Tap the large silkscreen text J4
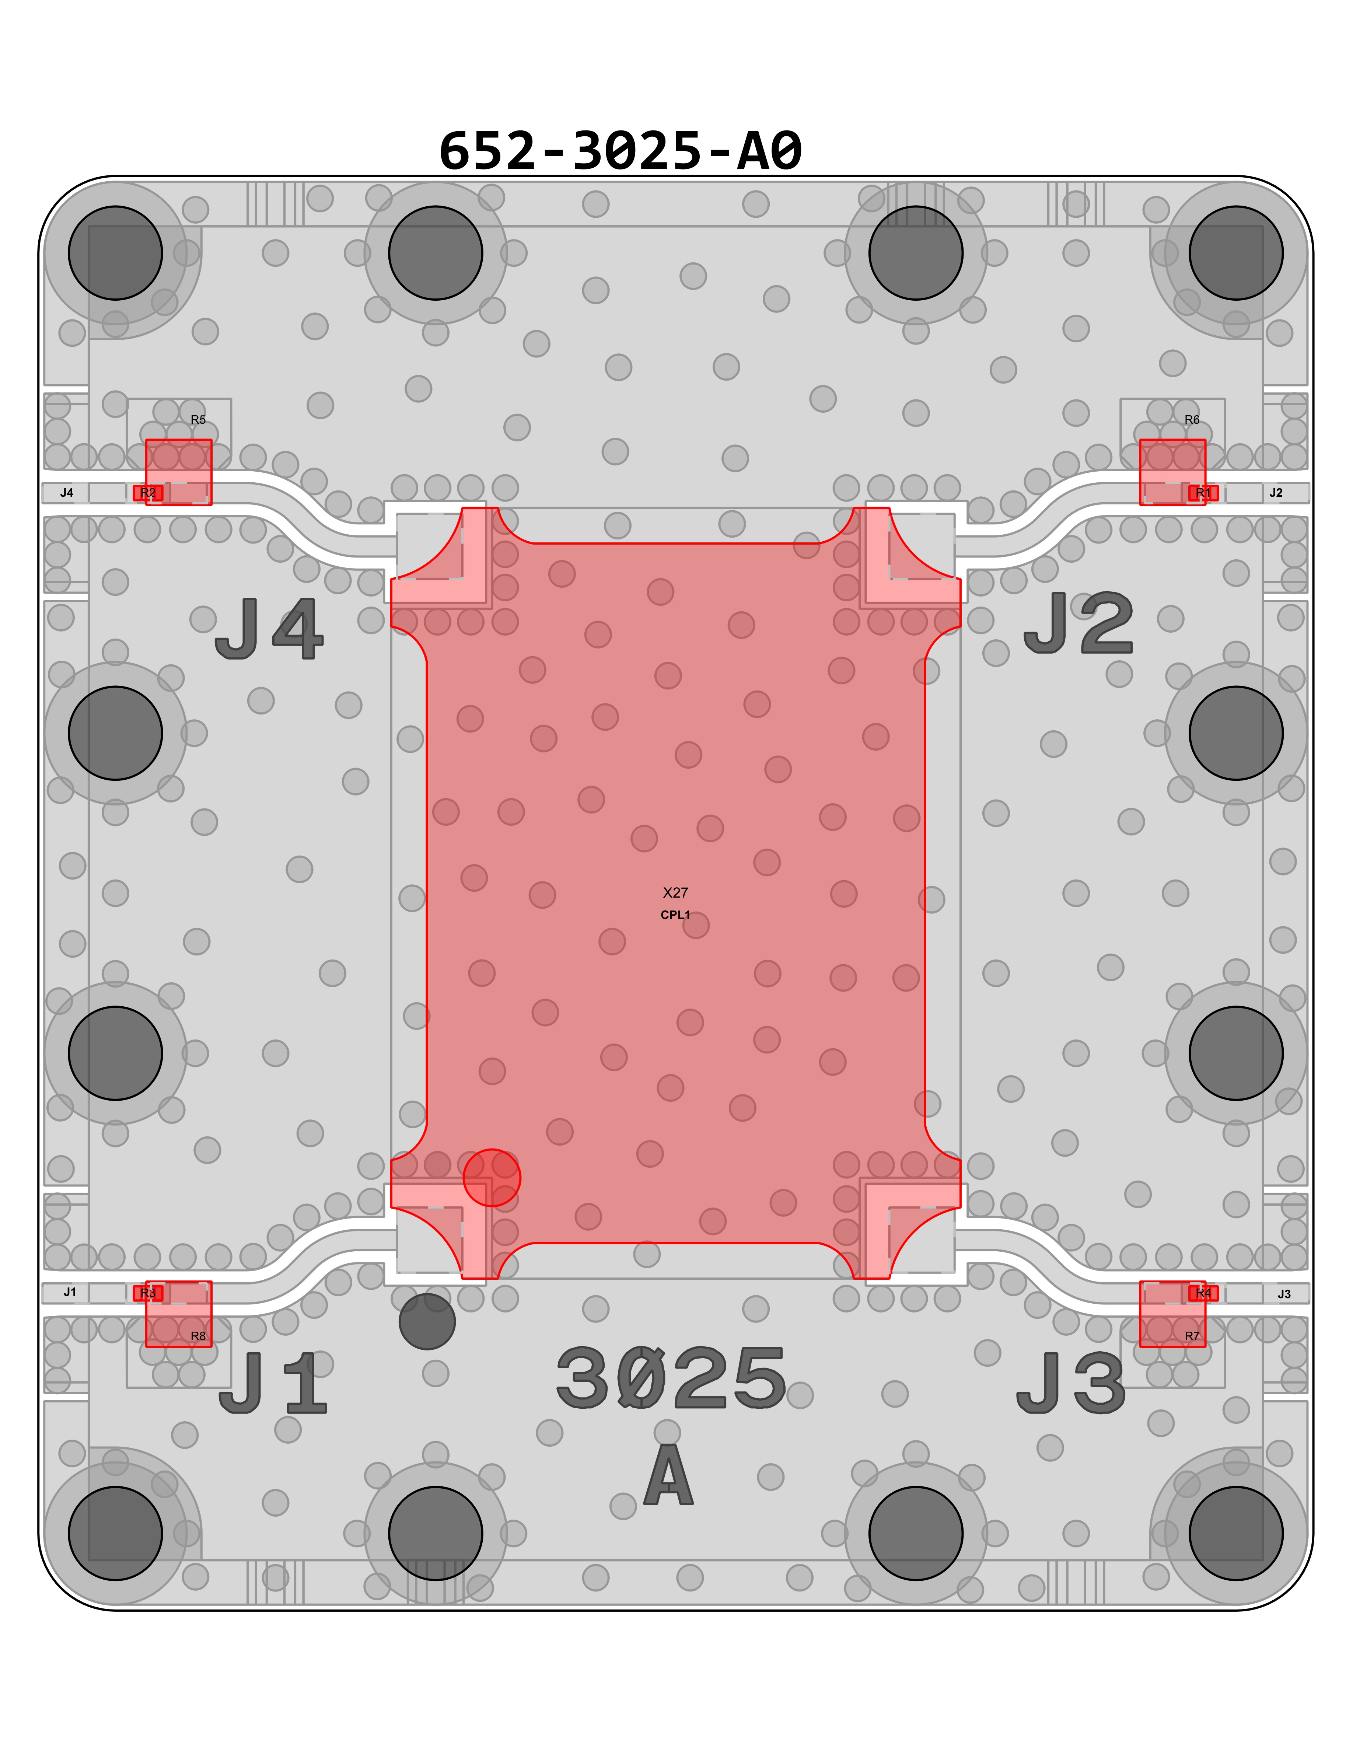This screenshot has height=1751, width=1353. [x=269, y=630]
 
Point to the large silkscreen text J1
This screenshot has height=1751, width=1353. [x=273, y=1382]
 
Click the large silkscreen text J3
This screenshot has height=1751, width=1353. [x=1071, y=1382]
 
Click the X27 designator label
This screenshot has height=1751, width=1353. [x=676, y=892]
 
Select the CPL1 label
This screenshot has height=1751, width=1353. [x=676, y=915]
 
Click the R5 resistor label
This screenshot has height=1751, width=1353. [x=198, y=419]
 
